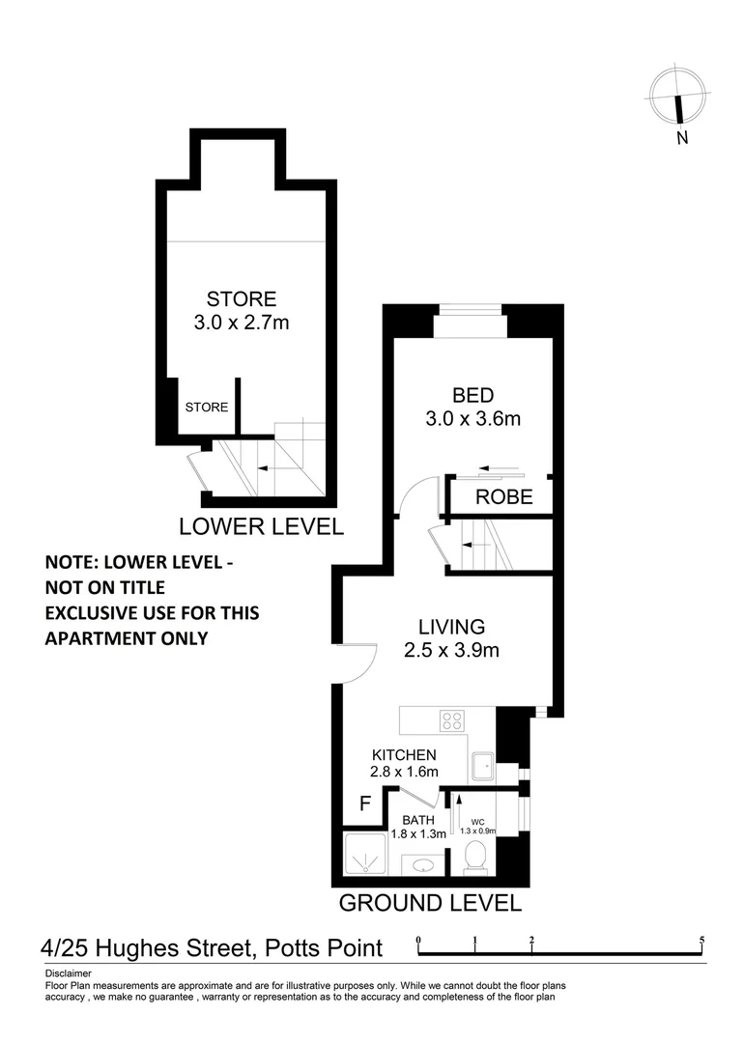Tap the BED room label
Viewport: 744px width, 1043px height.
tap(473, 395)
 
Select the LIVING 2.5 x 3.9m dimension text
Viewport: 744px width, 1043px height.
tap(451, 650)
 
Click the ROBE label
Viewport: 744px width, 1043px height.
tap(503, 497)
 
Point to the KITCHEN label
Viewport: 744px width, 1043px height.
tap(405, 754)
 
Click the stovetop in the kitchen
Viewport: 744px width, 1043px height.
tap(452, 720)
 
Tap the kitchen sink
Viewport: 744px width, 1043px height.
tap(481, 766)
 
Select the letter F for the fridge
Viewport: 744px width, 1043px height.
tap(365, 803)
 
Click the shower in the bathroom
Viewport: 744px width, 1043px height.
tap(365, 855)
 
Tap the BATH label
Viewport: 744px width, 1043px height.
tap(406, 819)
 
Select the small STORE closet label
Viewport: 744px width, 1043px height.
tap(207, 408)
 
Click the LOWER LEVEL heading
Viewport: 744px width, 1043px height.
tap(261, 526)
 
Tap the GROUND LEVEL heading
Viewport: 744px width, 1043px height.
tap(430, 903)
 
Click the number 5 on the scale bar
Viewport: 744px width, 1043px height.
tap(701, 940)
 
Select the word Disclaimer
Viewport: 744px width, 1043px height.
tap(69, 973)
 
